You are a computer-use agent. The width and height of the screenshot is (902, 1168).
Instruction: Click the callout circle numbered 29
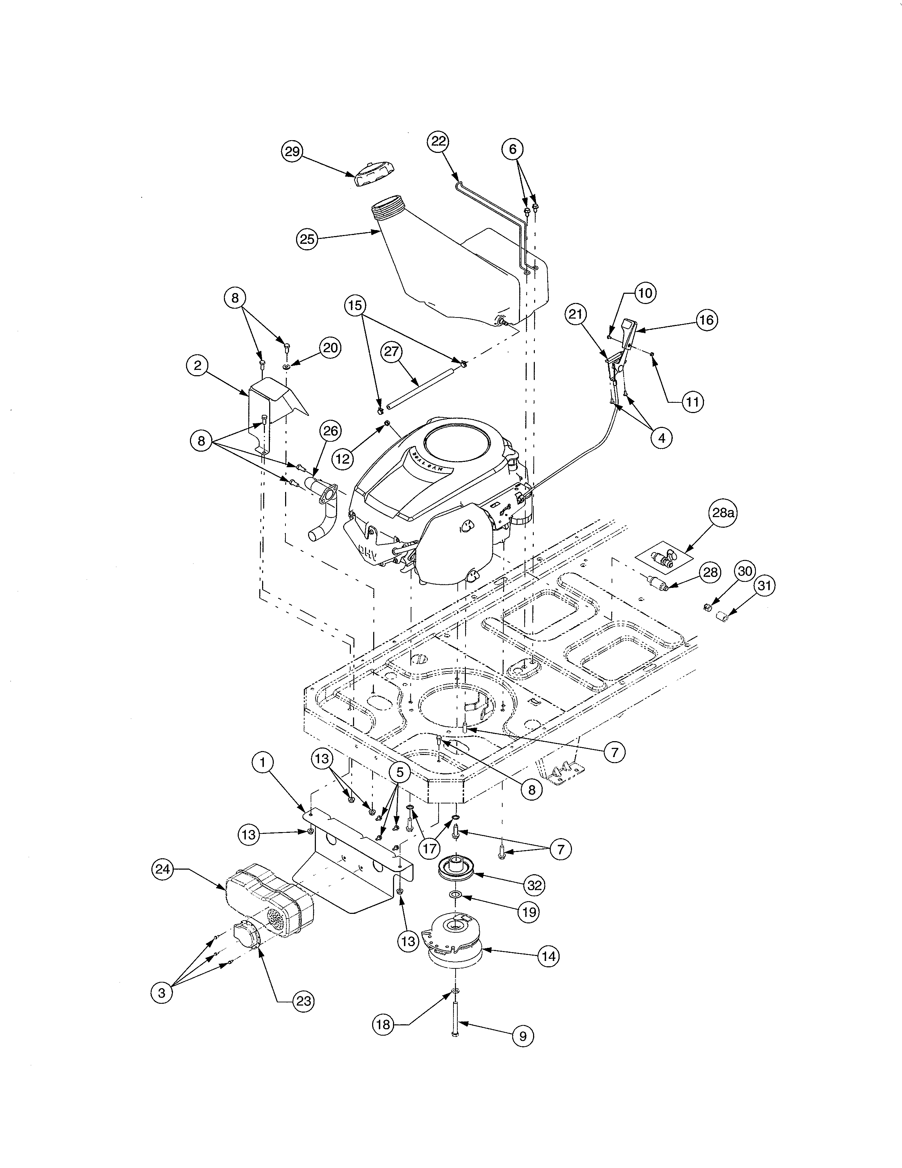(x=292, y=151)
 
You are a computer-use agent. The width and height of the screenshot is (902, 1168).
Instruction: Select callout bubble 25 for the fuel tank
(x=307, y=239)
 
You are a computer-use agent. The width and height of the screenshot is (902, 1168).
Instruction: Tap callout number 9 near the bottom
(x=522, y=1036)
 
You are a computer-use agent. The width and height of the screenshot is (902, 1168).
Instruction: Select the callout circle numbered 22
(x=438, y=142)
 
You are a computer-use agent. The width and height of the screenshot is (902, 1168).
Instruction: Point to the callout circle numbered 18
(x=384, y=1025)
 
